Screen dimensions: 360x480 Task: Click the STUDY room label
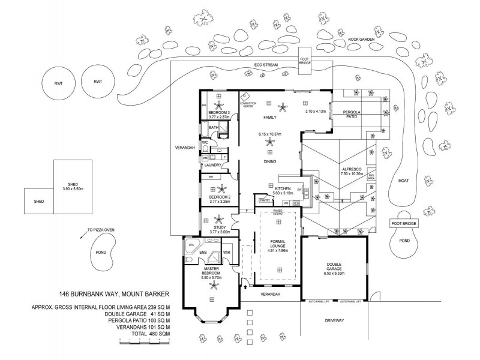point(216,227)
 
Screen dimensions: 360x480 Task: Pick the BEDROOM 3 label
point(219,112)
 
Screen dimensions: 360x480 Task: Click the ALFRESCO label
point(351,170)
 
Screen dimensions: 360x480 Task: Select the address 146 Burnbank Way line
point(115,293)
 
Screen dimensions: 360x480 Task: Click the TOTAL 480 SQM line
point(142,334)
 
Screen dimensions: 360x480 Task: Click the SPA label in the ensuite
point(191,245)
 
